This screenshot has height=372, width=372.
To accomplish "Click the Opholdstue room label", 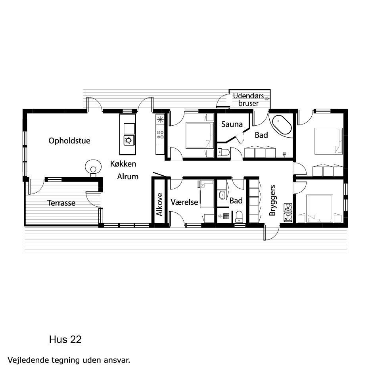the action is tap(69, 141).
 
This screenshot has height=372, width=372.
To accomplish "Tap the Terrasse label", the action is tap(61, 203).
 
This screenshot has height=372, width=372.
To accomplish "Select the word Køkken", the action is tap(123, 164).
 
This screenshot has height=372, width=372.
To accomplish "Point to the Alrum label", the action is tap(128, 176).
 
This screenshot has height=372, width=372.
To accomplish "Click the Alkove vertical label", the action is tap(160, 205).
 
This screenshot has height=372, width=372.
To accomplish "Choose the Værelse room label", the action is tap(184, 202).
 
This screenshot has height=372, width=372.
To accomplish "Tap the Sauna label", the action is tap(232, 124).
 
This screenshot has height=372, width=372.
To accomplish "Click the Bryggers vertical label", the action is tap(272, 200).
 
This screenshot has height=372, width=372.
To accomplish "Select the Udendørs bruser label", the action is tap(248, 100).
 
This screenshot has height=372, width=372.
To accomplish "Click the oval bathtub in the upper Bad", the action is tap(282, 125).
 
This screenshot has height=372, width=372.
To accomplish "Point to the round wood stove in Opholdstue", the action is tap(94, 167).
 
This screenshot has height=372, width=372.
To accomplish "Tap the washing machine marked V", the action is tap(288, 207).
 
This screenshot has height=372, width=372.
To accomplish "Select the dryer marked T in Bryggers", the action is tap(288, 217).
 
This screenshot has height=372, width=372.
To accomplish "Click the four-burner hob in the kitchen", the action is tap(160, 134).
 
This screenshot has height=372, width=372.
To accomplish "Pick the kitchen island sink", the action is tap(129, 140).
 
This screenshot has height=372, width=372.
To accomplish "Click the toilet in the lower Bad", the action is tap(239, 217).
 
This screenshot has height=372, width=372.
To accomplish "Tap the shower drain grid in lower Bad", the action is tap(226, 216).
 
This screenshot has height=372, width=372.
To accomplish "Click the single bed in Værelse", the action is tap(207, 194).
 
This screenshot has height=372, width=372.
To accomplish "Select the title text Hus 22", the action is tap(65, 340).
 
